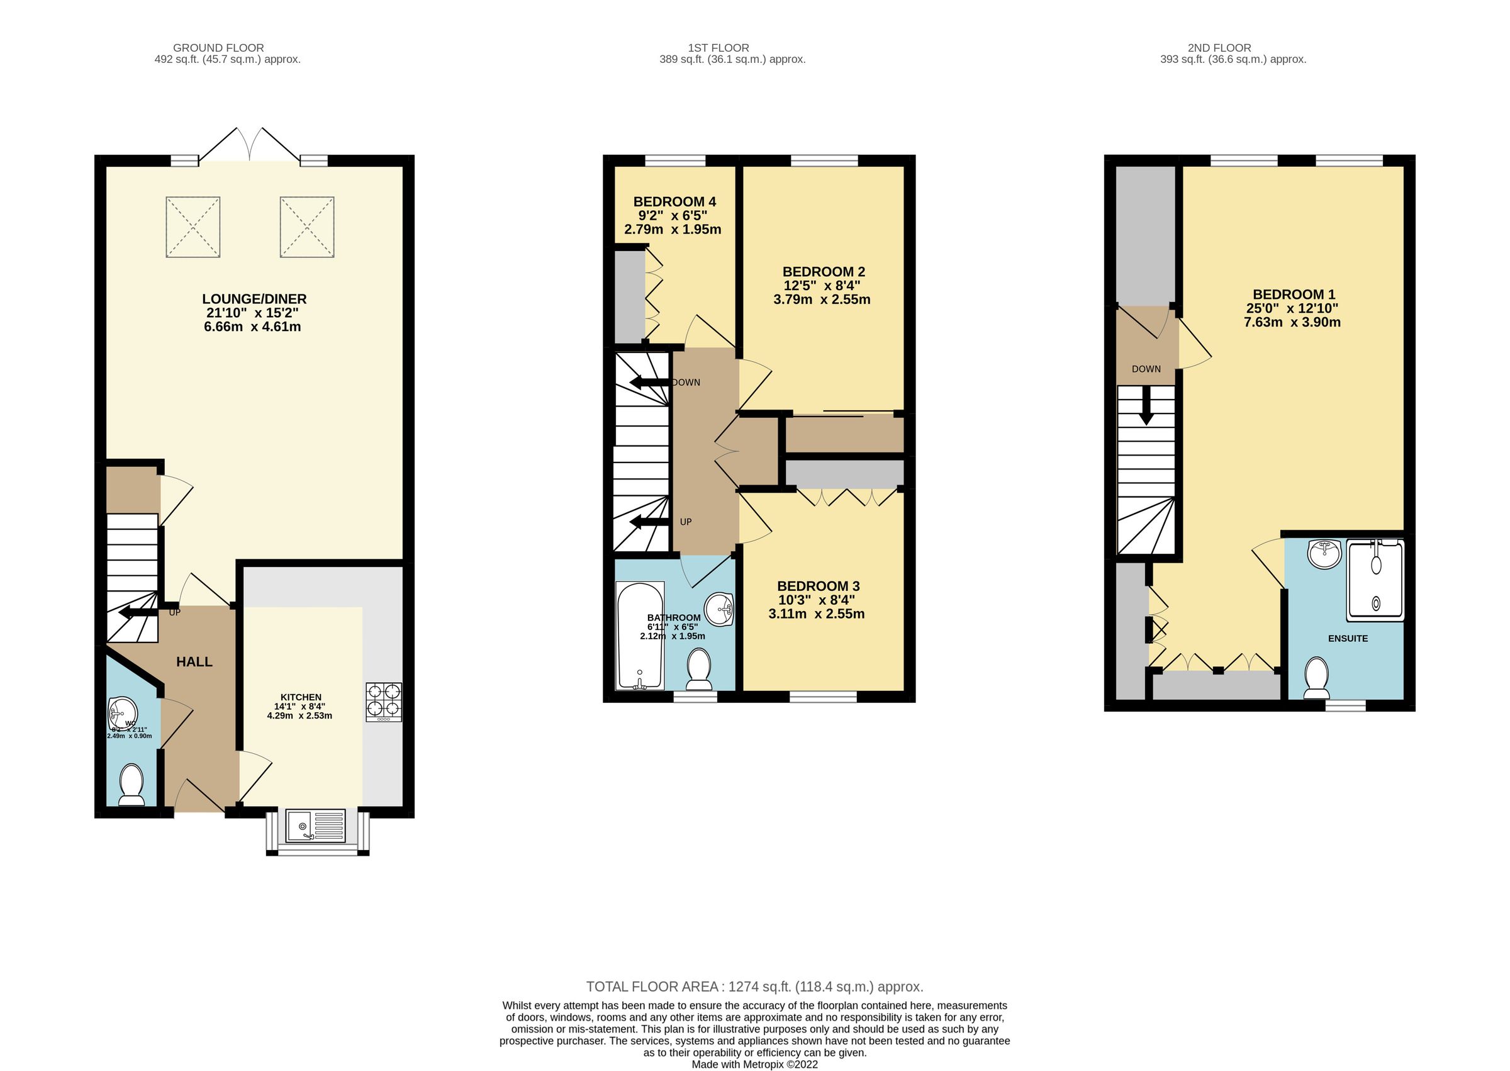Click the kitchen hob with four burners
(x=383, y=702)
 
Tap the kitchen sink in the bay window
(x=315, y=826)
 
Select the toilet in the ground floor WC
(x=132, y=785)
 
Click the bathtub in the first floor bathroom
(x=639, y=636)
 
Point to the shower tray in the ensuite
(x=1375, y=580)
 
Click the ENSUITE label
(x=1348, y=638)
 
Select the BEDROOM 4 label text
(x=674, y=202)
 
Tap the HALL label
(x=194, y=662)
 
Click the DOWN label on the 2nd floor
(x=1146, y=369)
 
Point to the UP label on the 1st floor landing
(x=686, y=522)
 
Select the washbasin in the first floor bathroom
(x=719, y=608)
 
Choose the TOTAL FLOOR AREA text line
(x=754, y=987)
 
